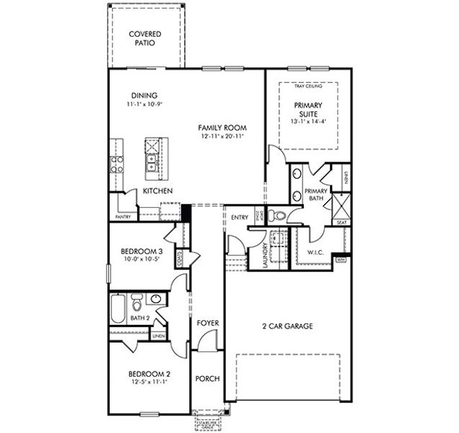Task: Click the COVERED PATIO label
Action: click(x=145, y=38)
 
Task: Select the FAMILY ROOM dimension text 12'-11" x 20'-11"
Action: click(x=221, y=136)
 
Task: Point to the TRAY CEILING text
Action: click(x=308, y=87)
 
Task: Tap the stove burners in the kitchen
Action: click(x=115, y=163)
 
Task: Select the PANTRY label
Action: click(x=123, y=216)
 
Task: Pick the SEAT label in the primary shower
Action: click(x=341, y=223)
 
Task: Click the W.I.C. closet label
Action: click(x=315, y=253)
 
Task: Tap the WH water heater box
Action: click(x=341, y=259)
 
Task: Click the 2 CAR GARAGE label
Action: click(x=287, y=326)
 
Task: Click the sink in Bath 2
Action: click(x=155, y=299)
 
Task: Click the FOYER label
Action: click(x=208, y=323)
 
